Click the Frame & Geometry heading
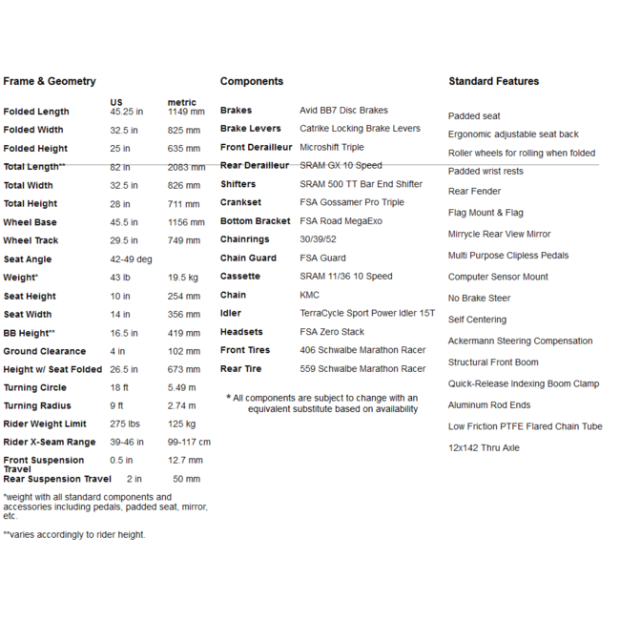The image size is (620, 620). (50, 81)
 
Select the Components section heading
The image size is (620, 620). (252, 81)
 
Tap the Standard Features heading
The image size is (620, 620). (493, 81)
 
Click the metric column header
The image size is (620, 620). (181, 102)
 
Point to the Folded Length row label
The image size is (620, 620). (36, 112)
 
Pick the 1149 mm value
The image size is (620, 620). (186, 112)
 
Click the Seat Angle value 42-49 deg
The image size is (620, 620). (132, 259)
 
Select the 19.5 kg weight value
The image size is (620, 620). (183, 278)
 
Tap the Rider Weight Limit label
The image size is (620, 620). (45, 424)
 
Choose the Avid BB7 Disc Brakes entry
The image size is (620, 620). (343, 111)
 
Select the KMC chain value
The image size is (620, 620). (310, 295)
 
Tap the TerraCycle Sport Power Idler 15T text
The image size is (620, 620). (367, 313)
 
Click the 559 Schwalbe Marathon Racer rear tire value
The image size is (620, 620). (362, 369)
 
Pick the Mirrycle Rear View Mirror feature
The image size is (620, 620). (499, 234)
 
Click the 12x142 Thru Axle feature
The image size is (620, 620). (484, 447)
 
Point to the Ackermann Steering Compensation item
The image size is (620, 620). (521, 341)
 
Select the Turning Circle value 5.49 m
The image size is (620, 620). (181, 388)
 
